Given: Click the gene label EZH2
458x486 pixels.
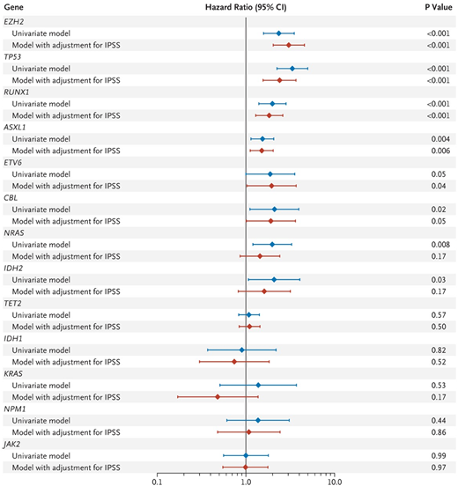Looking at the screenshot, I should (13, 21).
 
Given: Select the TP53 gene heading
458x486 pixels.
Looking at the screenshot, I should (13, 56).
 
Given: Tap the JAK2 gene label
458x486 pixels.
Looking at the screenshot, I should (13, 444).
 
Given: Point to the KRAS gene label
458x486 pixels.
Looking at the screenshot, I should (13, 373).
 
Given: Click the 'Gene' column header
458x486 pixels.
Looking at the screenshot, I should (13, 6).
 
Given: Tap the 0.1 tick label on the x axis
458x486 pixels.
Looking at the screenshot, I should (157, 481).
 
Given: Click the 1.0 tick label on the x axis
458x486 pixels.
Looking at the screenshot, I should (245, 481).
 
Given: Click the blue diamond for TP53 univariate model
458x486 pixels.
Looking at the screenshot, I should (292, 68).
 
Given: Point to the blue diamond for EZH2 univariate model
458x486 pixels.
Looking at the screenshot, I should (279, 33).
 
